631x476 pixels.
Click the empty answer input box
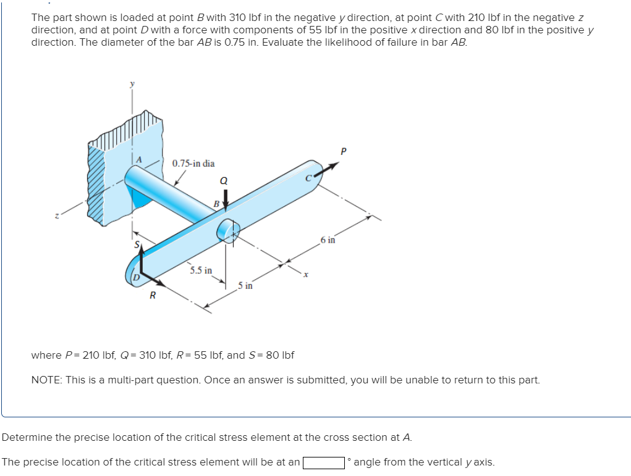[323, 462]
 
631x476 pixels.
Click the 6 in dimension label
[328, 240]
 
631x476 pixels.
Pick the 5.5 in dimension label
[201, 270]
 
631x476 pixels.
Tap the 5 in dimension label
[245, 285]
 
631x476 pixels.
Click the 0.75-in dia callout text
[193, 164]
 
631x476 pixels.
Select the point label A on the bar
[139, 159]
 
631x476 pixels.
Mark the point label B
[216, 203]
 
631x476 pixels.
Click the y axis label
[131, 85]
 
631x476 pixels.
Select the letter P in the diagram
[344, 151]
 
